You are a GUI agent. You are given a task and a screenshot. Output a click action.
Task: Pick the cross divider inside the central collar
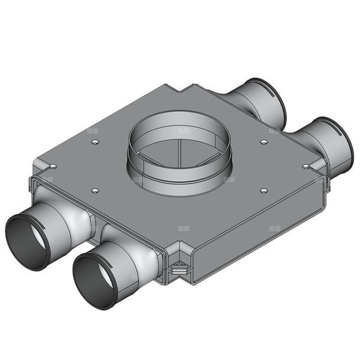(x=180, y=150)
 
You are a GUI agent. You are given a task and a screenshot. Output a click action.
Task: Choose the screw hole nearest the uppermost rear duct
(x=264, y=142)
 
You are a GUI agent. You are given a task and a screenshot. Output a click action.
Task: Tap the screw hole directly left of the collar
(x=95, y=142)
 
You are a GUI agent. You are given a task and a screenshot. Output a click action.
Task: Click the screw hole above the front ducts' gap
(x=95, y=191)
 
